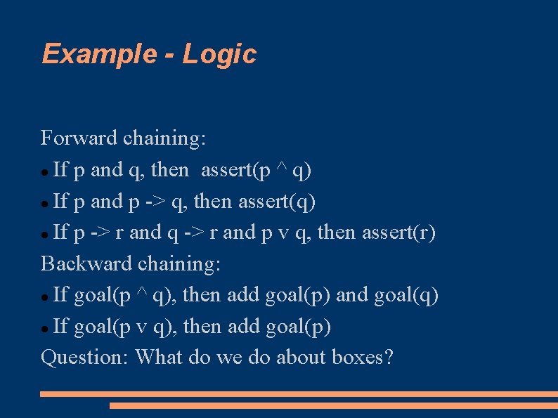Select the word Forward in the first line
tap(79, 138)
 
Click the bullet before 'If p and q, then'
tap(45, 171)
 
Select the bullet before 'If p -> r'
tap(45, 234)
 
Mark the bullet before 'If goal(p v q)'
tap(45, 328)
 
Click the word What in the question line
tap(160, 358)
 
